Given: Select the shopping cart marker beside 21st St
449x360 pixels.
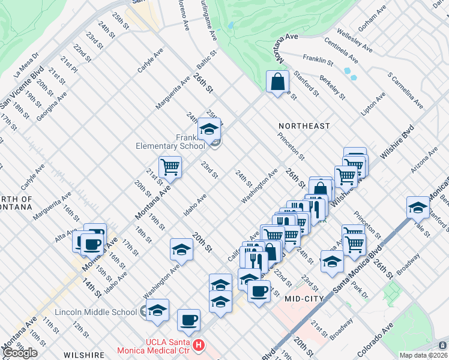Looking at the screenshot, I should click(170, 166).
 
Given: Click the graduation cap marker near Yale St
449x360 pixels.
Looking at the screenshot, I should click(418, 207).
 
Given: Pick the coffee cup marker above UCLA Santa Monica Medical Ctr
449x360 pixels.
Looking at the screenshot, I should click(188, 319).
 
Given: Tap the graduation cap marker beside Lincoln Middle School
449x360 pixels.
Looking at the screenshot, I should click(157, 310).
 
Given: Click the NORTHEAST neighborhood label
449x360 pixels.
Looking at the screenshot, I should click(304, 126).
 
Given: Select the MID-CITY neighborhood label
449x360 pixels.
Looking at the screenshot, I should click(304, 298).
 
